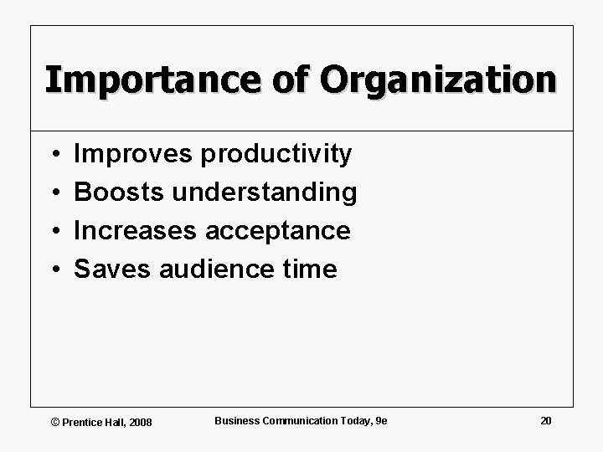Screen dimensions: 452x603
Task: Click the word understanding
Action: tap(264, 193)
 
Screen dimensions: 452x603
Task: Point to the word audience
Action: tap(216, 269)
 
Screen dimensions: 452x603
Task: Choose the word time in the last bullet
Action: tap(311, 269)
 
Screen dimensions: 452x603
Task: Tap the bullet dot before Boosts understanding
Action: tap(53, 193)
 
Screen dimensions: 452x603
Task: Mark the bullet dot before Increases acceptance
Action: tap(53, 231)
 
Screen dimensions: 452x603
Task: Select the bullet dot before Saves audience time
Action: tap(53, 270)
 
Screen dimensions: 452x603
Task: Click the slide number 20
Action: tap(546, 420)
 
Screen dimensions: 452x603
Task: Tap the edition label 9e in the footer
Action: tap(382, 420)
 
